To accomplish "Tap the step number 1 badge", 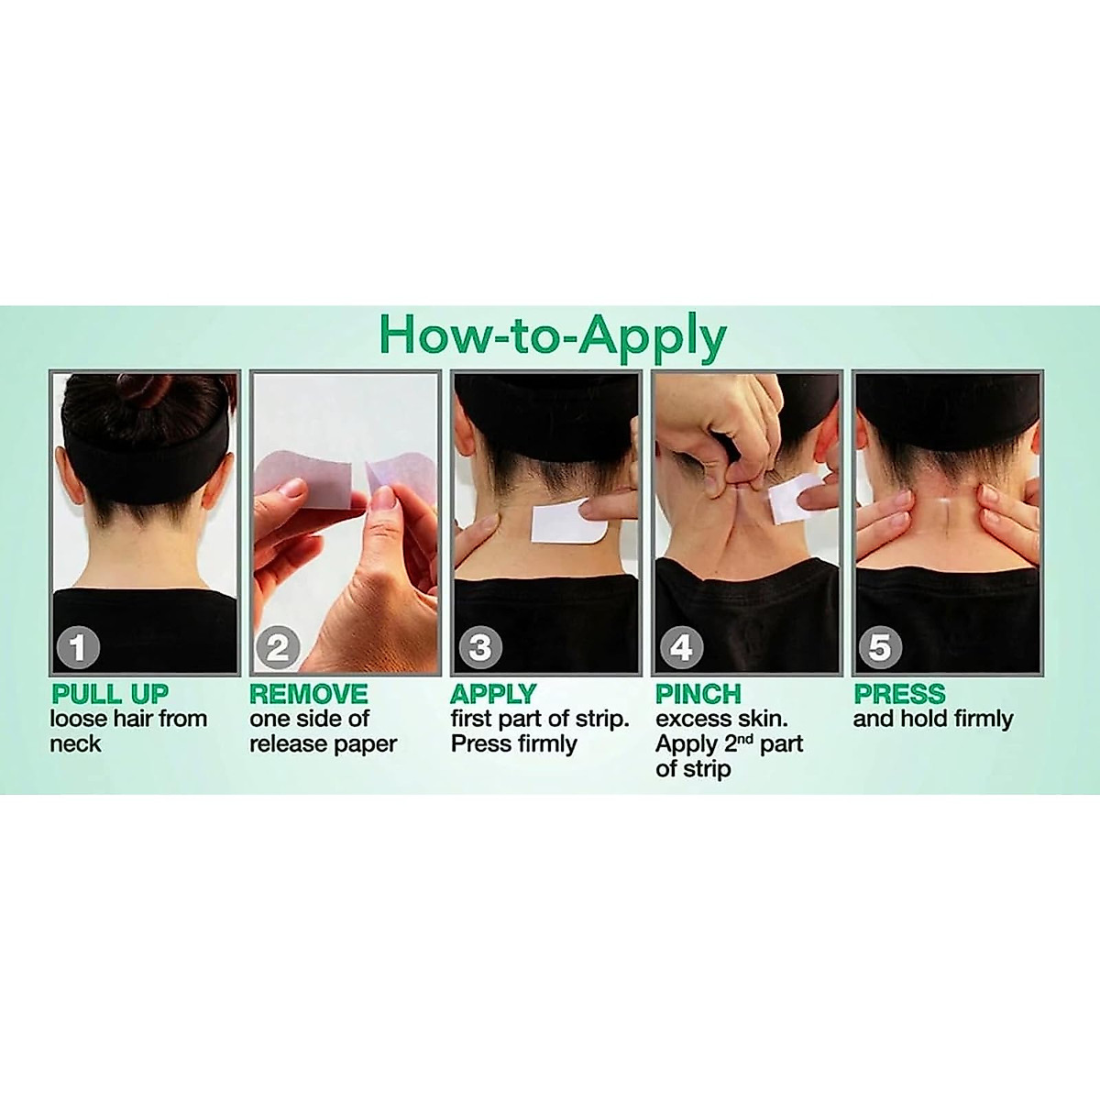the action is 79,647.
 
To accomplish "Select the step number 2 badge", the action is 278,647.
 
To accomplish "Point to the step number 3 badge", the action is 480,647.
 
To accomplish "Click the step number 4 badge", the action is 681,647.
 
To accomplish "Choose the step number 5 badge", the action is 880,647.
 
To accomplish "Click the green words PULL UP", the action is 110,694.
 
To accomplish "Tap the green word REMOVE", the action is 309,694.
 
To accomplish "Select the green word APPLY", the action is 493,694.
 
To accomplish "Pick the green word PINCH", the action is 698,694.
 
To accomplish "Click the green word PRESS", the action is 899,694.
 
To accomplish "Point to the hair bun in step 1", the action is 144,390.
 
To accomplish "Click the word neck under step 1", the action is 75,744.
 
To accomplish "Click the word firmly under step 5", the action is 984,720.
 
